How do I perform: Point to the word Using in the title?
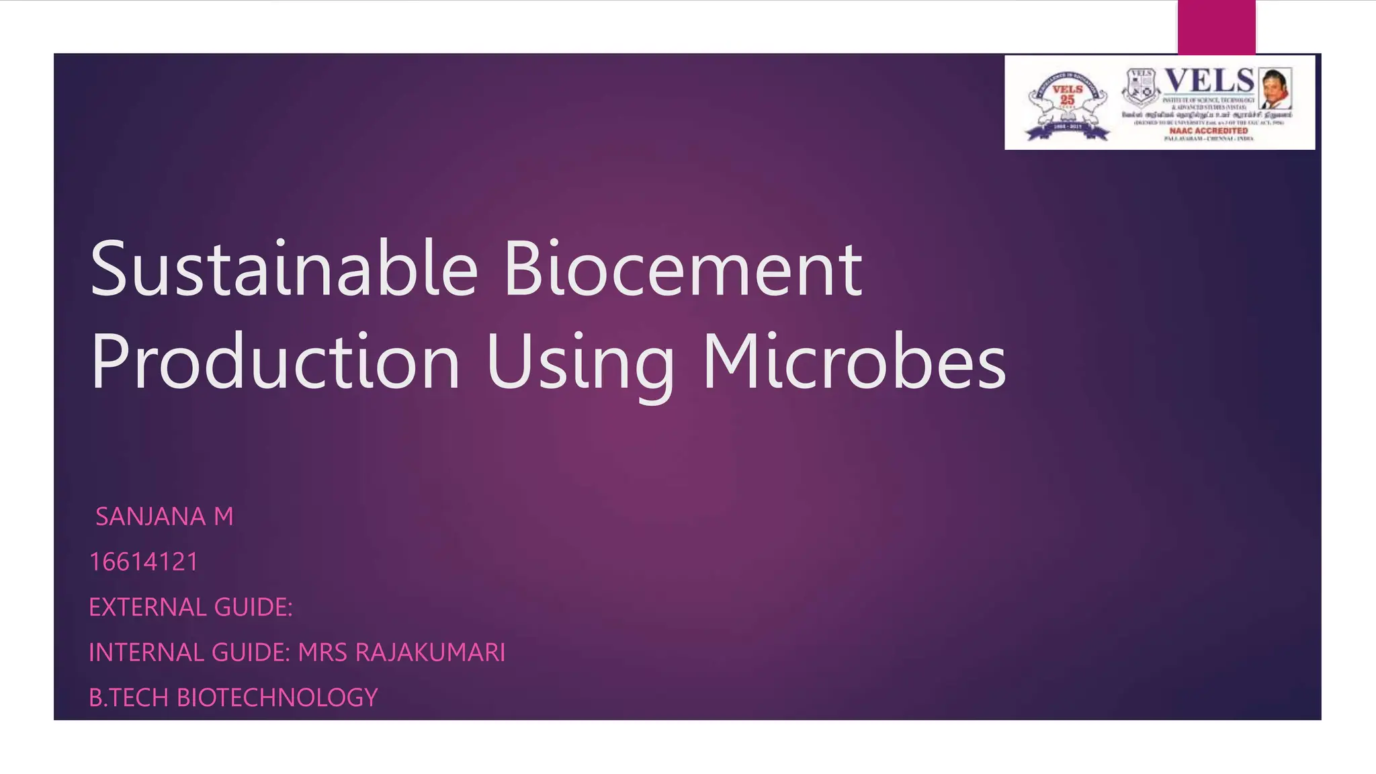click(580, 363)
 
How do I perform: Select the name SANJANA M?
click(165, 517)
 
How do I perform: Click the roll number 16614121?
click(144, 562)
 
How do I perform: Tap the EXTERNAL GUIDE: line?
click(191, 607)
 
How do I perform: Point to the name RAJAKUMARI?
click(430, 652)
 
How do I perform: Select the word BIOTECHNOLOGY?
click(277, 697)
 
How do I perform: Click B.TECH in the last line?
click(128, 697)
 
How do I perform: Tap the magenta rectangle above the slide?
click(1216, 27)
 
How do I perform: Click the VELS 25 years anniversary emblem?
click(1067, 102)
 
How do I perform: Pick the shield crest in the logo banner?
click(1140, 87)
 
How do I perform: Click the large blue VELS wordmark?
click(1209, 81)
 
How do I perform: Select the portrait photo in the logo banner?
click(1275, 88)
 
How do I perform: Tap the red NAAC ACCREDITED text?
click(1209, 131)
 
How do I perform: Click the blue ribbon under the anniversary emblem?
click(1067, 134)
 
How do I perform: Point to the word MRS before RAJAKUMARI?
click(322, 652)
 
